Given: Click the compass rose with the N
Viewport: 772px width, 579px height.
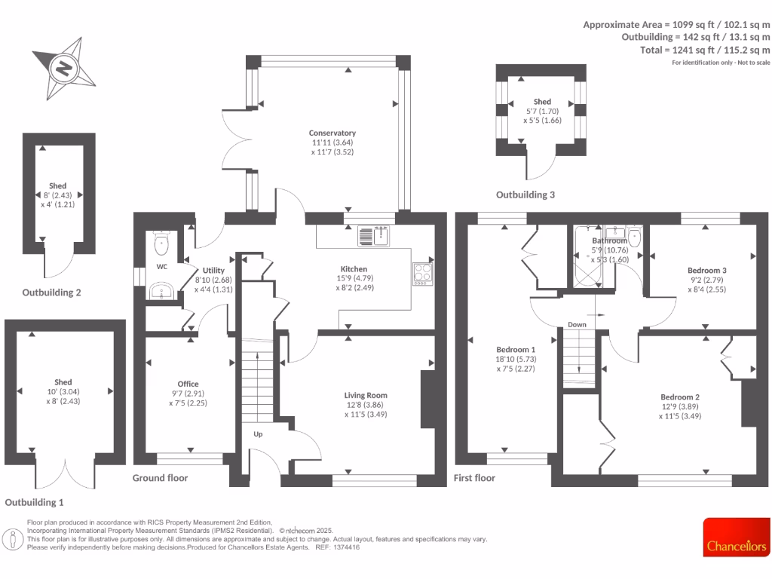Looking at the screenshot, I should click(64, 69).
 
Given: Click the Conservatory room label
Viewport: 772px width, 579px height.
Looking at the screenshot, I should click(332, 133).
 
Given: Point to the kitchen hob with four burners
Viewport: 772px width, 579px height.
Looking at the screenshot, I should click(422, 273).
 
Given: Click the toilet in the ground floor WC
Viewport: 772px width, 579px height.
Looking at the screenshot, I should click(161, 243).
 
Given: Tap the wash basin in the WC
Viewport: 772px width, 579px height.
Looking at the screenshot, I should click(161, 290).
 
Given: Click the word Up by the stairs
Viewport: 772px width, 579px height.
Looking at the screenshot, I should click(258, 434).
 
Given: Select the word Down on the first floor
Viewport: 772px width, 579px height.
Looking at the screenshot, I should click(577, 325).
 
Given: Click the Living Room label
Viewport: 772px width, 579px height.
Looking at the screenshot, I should click(366, 395).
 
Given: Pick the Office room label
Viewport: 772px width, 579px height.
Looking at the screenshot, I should click(188, 384).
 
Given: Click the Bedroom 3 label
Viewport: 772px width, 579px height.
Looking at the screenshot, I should click(706, 270).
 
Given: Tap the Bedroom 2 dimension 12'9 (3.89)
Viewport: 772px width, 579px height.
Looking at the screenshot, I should click(680, 406).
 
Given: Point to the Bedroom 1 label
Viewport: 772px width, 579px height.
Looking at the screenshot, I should click(516, 350).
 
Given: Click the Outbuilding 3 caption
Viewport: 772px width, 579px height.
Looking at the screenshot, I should click(525, 195).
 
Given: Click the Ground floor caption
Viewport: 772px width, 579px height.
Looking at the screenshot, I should click(160, 478).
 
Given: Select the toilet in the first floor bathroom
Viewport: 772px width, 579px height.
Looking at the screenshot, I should click(633, 238).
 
